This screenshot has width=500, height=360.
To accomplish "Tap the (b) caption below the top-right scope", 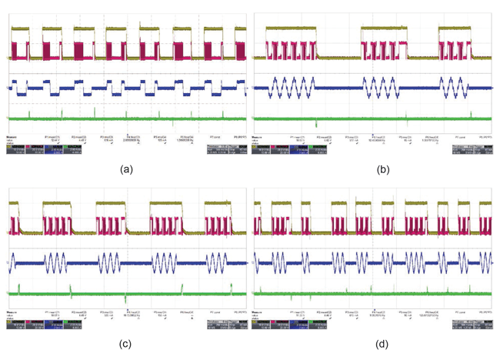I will (375, 170).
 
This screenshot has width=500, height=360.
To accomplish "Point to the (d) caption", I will (375, 344).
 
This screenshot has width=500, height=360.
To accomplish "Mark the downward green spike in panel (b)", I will (316, 123).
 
